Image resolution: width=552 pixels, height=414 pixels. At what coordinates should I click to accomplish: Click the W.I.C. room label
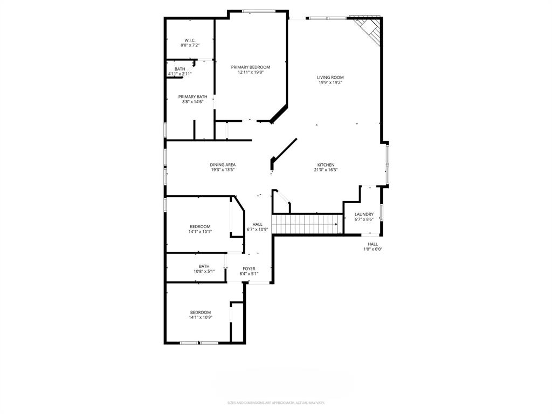tap(190, 40)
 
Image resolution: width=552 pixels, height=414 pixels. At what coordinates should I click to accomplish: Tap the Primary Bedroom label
tap(251, 67)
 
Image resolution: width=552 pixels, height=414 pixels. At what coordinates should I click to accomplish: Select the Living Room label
tap(330, 77)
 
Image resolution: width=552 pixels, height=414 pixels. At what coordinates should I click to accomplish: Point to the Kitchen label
tap(326, 165)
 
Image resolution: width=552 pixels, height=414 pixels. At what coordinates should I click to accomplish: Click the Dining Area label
tap(223, 164)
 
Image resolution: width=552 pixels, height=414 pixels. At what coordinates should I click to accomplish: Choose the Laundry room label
tap(364, 214)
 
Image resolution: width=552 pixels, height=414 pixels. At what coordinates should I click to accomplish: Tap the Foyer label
tap(249, 268)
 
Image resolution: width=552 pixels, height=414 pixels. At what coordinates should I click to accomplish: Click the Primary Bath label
tap(193, 96)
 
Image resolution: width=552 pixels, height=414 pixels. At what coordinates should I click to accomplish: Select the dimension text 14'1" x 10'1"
tap(200, 232)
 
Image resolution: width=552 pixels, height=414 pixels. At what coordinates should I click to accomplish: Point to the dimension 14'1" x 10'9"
tap(200, 318)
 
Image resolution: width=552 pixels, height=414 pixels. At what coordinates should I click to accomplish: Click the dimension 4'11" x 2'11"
tap(180, 74)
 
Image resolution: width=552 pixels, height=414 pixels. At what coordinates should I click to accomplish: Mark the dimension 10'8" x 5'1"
tap(204, 271)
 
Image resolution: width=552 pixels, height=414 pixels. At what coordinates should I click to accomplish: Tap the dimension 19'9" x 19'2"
tap(330, 82)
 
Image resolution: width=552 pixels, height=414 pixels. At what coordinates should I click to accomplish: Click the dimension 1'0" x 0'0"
tap(372, 249)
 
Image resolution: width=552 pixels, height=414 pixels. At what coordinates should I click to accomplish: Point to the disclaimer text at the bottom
tap(276, 403)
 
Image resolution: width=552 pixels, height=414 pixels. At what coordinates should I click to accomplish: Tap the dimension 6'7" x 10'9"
tap(258, 229)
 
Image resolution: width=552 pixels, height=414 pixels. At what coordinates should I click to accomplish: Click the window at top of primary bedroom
tap(259, 11)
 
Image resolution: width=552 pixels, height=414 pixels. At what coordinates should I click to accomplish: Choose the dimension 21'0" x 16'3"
tap(326, 170)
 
